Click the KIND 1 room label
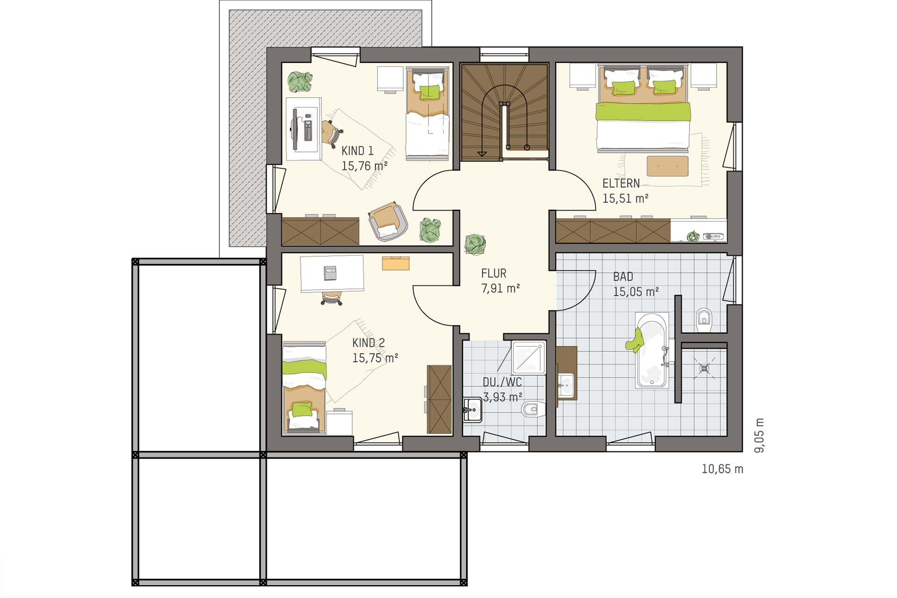pyautogui.click(x=357, y=151)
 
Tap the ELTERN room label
pyautogui.click(x=621, y=183)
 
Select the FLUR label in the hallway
pyautogui.click(x=494, y=273)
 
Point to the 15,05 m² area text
pyautogui.click(x=636, y=292)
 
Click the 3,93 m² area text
pyautogui.click(x=502, y=397)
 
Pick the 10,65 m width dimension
pyautogui.click(x=722, y=469)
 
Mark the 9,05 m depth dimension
pyautogui.click(x=760, y=435)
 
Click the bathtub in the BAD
pyautogui.click(x=652, y=350)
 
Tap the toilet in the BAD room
pyautogui.click(x=704, y=319)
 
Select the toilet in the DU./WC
pyautogui.click(x=533, y=409)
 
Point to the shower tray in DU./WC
pyautogui.click(x=529, y=357)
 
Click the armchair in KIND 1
pyautogui.click(x=388, y=221)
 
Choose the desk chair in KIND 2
pyautogui.click(x=331, y=298)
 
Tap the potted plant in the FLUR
pyautogui.click(x=475, y=244)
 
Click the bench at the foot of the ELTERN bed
pyautogui.click(x=667, y=166)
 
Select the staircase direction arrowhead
pyautogui.click(x=482, y=153)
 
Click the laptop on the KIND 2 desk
pyautogui.click(x=330, y=273)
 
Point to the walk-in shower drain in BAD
pyautogui.click(x=704, y=368)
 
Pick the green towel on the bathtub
pyautogui.click(x=635, y=340)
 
